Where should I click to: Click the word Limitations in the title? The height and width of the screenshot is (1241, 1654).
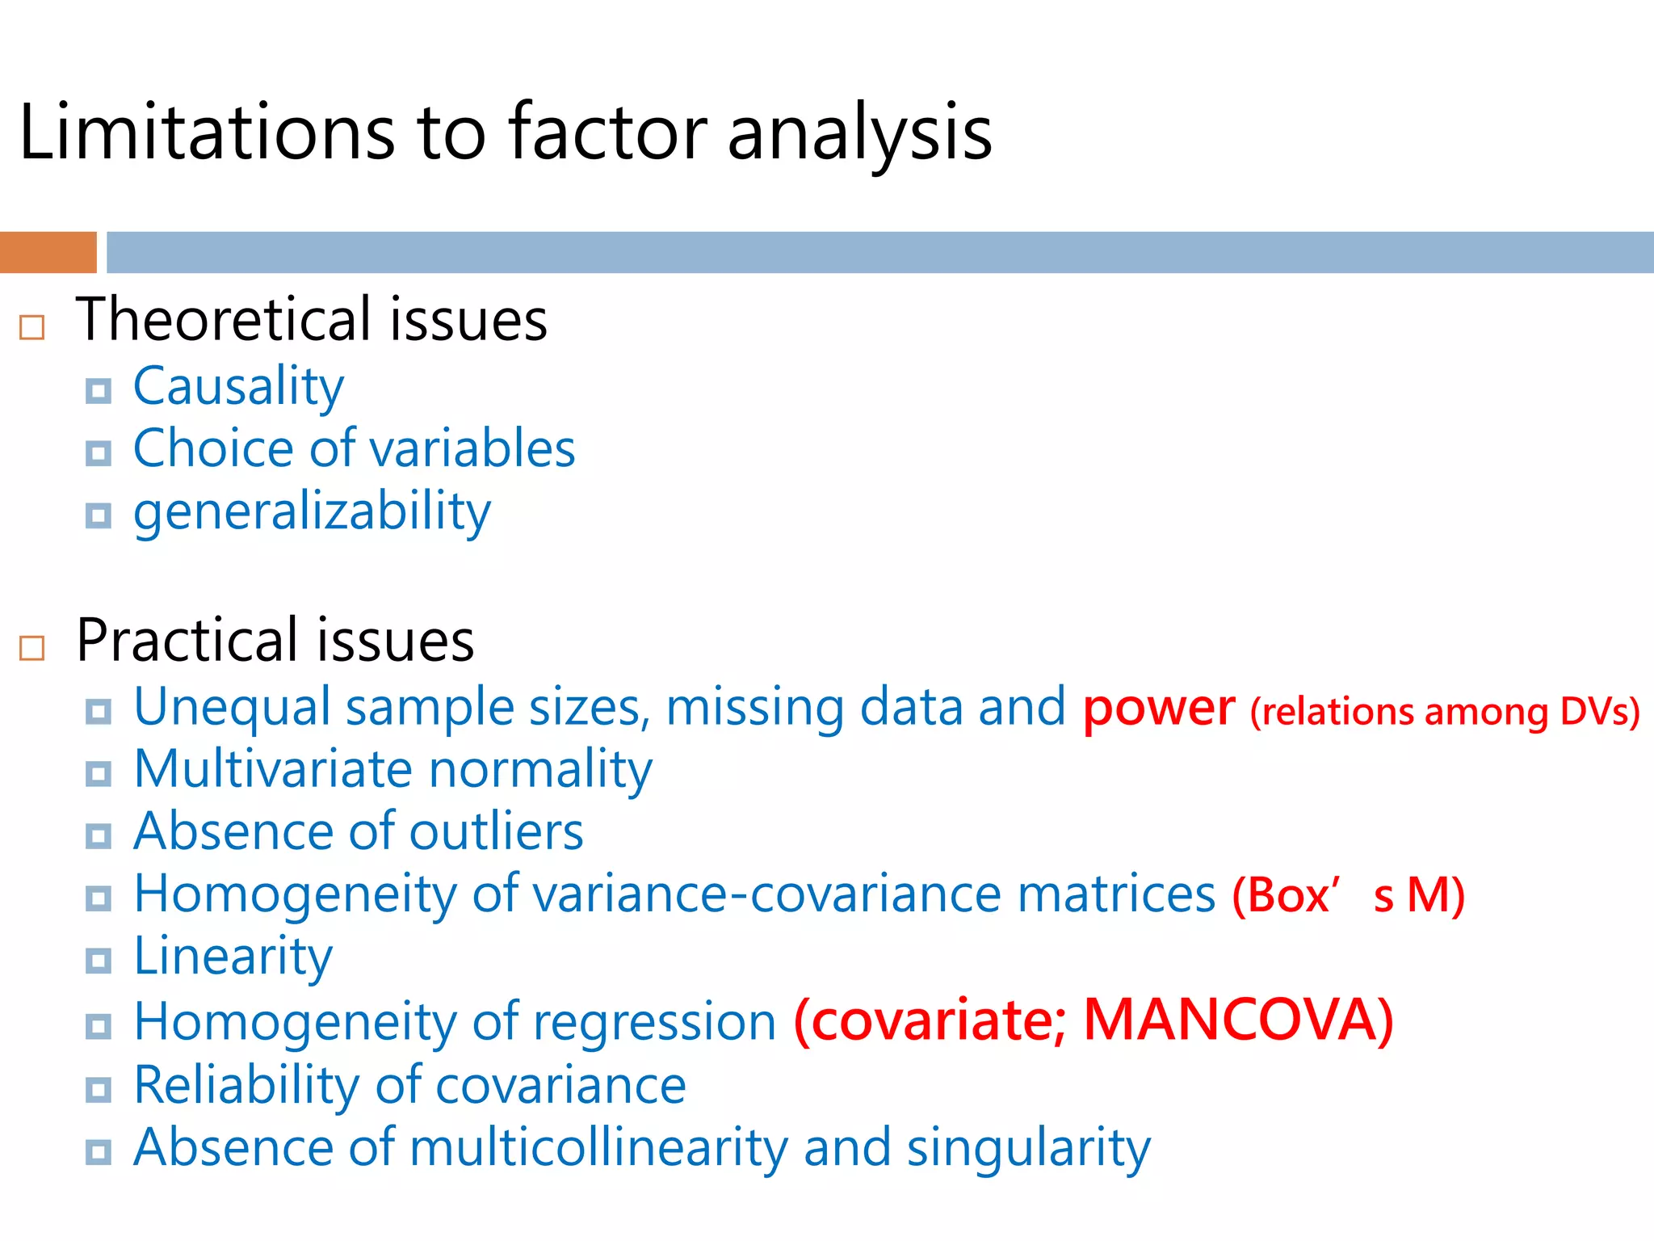(206, 132)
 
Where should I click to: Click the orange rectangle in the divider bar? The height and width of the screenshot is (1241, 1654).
(48, 252)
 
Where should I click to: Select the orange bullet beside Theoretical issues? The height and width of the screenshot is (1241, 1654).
(31, 327)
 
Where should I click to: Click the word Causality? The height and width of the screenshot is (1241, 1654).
(238, 386)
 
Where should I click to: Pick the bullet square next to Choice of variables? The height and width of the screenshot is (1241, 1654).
(99, 452)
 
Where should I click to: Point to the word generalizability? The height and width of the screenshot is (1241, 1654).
(312, 512)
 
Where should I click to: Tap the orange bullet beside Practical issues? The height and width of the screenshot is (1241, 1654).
(31, 648)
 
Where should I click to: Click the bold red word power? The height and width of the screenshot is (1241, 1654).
(1158, 709)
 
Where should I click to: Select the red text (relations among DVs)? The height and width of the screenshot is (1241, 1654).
(1444, 712)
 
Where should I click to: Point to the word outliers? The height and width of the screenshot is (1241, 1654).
(496, 832)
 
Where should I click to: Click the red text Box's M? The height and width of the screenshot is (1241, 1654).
(1348, 895)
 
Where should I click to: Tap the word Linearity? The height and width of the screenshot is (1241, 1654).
(233, 957)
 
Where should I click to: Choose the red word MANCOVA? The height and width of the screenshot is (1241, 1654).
(1237, 1020)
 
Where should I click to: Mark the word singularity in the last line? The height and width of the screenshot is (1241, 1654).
(1028, 1148)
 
